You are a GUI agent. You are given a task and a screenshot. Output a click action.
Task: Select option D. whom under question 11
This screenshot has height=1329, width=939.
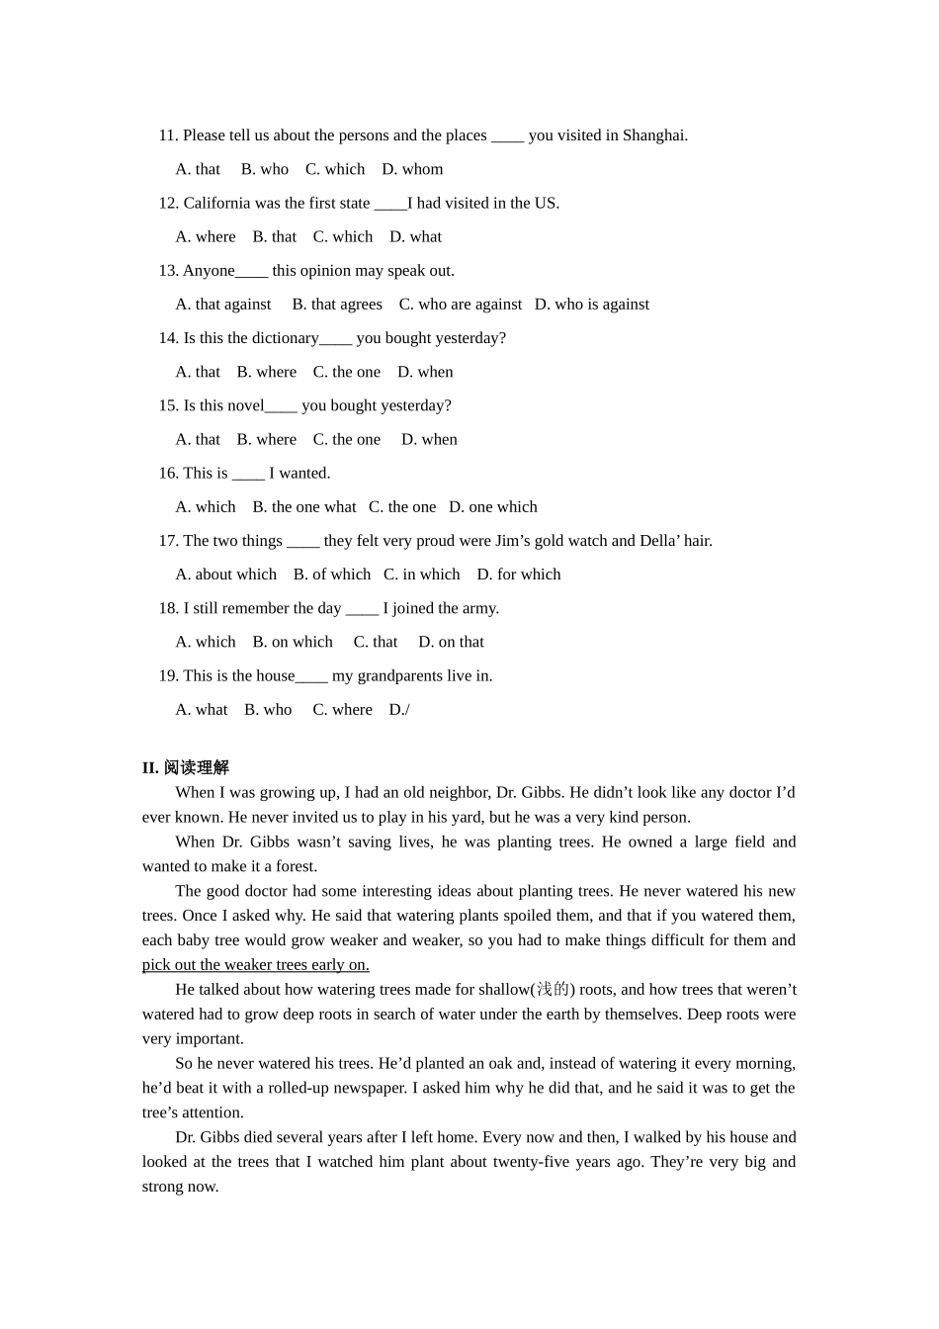point(412,169)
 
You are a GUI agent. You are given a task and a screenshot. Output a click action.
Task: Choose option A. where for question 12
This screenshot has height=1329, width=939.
point(206,236)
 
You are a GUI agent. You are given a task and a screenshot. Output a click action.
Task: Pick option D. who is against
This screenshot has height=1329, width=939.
point(592,304)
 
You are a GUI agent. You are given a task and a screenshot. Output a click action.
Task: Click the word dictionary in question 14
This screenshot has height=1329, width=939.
point(286,338)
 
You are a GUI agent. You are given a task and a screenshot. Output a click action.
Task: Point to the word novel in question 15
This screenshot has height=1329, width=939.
point(243,405)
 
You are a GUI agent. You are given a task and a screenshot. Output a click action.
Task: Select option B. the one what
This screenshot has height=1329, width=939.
point(304,506)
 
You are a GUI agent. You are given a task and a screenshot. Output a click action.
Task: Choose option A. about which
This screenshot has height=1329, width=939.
point(226,574)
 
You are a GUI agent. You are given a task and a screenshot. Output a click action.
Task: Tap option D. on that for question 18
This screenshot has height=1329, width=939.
point(451,642)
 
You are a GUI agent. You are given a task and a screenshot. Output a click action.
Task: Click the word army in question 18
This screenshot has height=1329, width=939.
point(477,608)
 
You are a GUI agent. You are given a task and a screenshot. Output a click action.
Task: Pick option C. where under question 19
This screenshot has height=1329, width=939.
point(342,709)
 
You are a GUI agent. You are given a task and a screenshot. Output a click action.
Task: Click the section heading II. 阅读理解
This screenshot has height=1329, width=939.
point(186,767)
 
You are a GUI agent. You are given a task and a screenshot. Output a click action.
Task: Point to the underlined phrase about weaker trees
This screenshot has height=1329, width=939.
point(255,965)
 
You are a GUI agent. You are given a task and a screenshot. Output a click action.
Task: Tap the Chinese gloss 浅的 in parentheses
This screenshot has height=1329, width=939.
point(553,990)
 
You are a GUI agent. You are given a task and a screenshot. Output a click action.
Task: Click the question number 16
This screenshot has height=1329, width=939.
point(168,473)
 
